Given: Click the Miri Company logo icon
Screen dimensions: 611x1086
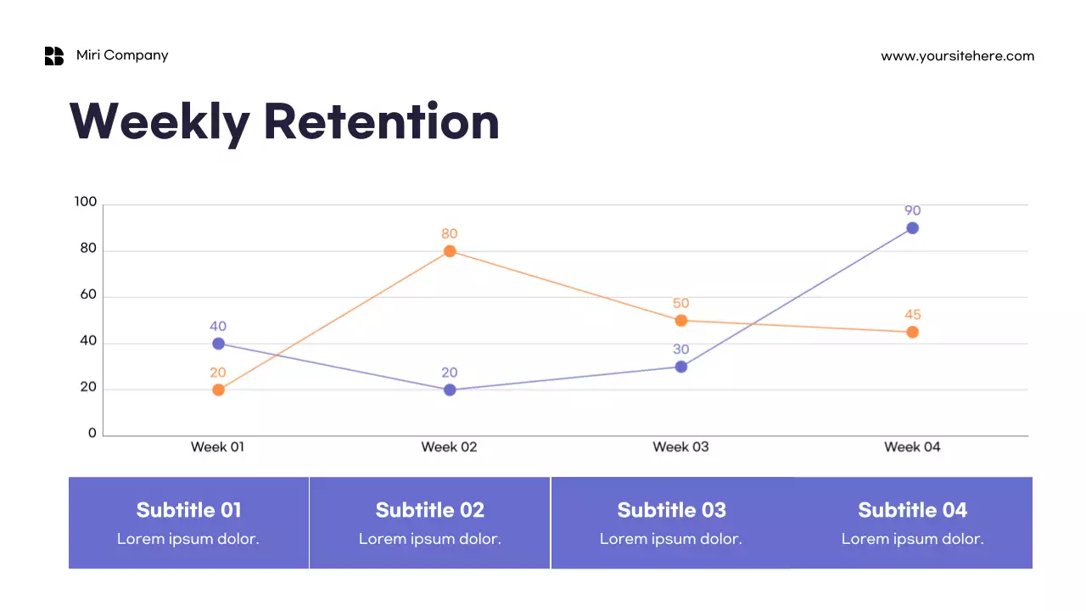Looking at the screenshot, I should point(54,56).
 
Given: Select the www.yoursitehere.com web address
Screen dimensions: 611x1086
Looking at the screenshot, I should point(957,56).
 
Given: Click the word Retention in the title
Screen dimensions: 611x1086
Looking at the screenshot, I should point(381,121).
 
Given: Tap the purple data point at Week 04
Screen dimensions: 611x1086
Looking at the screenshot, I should point(912,228).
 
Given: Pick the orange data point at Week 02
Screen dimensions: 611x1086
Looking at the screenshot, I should point(450,251).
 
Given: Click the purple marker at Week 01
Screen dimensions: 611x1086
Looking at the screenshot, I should point(218,344).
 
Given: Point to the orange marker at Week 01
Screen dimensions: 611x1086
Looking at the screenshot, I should point(218,390).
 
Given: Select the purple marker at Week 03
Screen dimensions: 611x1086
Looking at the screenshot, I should point(680,367).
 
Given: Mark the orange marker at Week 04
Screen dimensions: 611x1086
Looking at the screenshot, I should point(912,332).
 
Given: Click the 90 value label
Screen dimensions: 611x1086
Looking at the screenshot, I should point(912,210).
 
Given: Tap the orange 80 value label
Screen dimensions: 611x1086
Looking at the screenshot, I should point(450,233).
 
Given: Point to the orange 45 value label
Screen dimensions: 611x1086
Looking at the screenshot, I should point(912,315).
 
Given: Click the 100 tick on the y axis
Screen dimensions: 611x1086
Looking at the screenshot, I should point(86,202).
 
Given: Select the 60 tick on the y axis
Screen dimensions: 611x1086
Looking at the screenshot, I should point(88,295).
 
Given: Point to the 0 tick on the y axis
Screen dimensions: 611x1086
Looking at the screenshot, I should point(92,433).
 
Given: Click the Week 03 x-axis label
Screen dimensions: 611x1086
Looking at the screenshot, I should point(680,446).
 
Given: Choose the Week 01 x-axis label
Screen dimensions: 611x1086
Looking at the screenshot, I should point(217,446).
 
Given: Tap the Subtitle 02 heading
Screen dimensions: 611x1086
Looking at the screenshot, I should point(429,510).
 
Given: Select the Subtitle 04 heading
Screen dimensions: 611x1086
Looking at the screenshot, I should point(912,510).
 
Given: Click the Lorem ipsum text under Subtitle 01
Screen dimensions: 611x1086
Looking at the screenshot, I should point(188,539).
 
